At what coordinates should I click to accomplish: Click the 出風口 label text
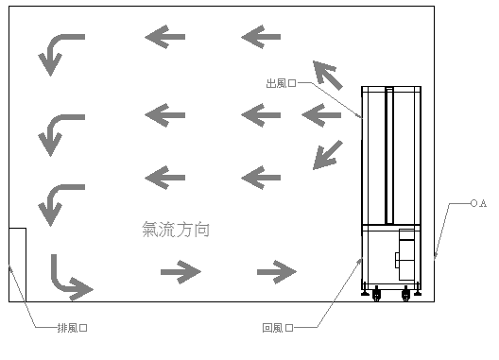[x=281, y=83]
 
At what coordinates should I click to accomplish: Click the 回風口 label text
[x=278, y=328]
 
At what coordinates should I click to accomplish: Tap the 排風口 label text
[x=72, y=328]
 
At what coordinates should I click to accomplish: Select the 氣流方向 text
[x=176, y=230]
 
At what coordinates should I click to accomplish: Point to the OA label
[x=478, y=203]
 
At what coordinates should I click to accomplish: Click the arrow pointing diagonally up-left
[x=327, y=76]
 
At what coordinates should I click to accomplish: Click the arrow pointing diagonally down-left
[x=327, y=155]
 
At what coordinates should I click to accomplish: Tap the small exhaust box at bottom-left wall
[x=18, y=265]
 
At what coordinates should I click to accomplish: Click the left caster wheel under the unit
[x=376, y=295]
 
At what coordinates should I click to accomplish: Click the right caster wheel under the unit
[x=405, y=295]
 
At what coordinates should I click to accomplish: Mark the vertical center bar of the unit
[x=389, y=156]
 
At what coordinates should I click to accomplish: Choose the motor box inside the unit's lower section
[x=405, y=254]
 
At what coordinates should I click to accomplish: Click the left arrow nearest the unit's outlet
[x=321, y=115]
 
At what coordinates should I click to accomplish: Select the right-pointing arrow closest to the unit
[x=277, y=272]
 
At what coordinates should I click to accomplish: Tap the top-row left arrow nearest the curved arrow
[x=164, y=37]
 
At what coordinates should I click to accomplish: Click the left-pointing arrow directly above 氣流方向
[x=164, y=178]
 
